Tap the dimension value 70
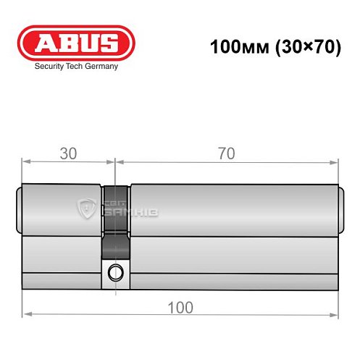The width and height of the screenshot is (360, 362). (x=228, y=153)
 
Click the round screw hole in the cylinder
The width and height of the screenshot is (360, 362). (x=115, y=273)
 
